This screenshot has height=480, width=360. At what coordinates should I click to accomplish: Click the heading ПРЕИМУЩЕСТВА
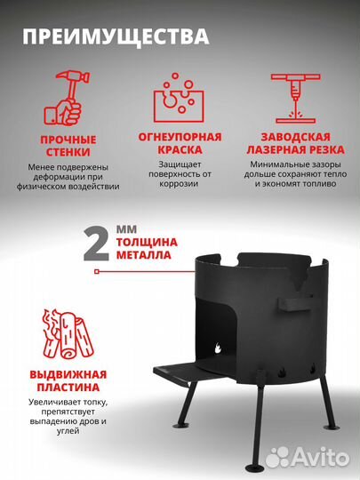coord(116,37)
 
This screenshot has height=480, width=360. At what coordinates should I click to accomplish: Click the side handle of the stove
coord(292,301)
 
